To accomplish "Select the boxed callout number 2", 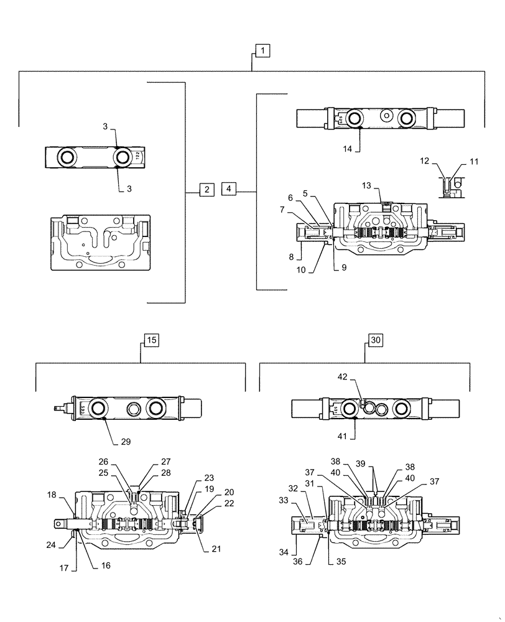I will click(206, 188).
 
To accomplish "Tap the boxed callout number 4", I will click(228, 188).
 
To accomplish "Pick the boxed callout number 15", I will click(151, 340).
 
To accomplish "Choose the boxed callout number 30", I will click(375, 340).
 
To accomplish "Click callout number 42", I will click(343, 377).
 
